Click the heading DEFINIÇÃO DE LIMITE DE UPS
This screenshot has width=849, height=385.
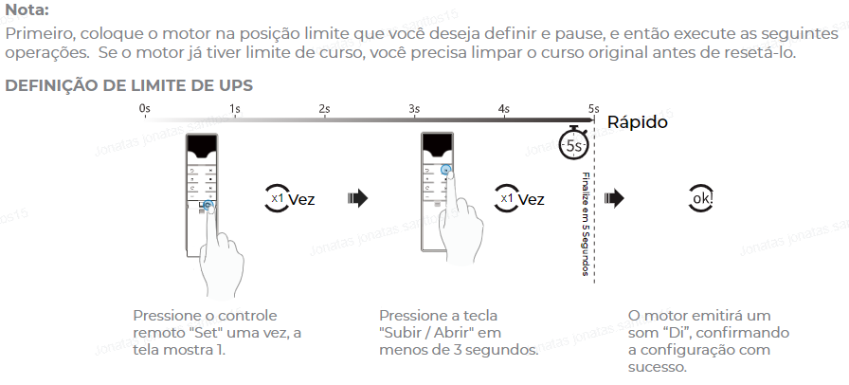tap(129, 85)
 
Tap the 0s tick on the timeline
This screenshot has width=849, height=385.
tap(144, 109)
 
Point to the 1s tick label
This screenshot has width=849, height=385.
tap(234, 109)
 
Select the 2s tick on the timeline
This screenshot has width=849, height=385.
tap(324, 109)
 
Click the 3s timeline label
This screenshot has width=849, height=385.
tap(414, 109)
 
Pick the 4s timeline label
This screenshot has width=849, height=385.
tap(504, 109)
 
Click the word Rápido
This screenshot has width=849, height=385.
tap(637, 122)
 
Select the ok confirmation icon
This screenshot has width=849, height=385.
tap(701, 199)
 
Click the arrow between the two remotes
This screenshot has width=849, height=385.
tap(357, 198)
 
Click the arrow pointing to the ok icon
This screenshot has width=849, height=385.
tap(614, 198)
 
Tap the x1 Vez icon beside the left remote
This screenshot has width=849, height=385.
tap(288, 199)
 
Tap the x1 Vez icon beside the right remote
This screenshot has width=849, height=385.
tap(519, 199)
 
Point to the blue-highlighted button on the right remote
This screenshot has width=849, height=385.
tap(446, 171)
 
